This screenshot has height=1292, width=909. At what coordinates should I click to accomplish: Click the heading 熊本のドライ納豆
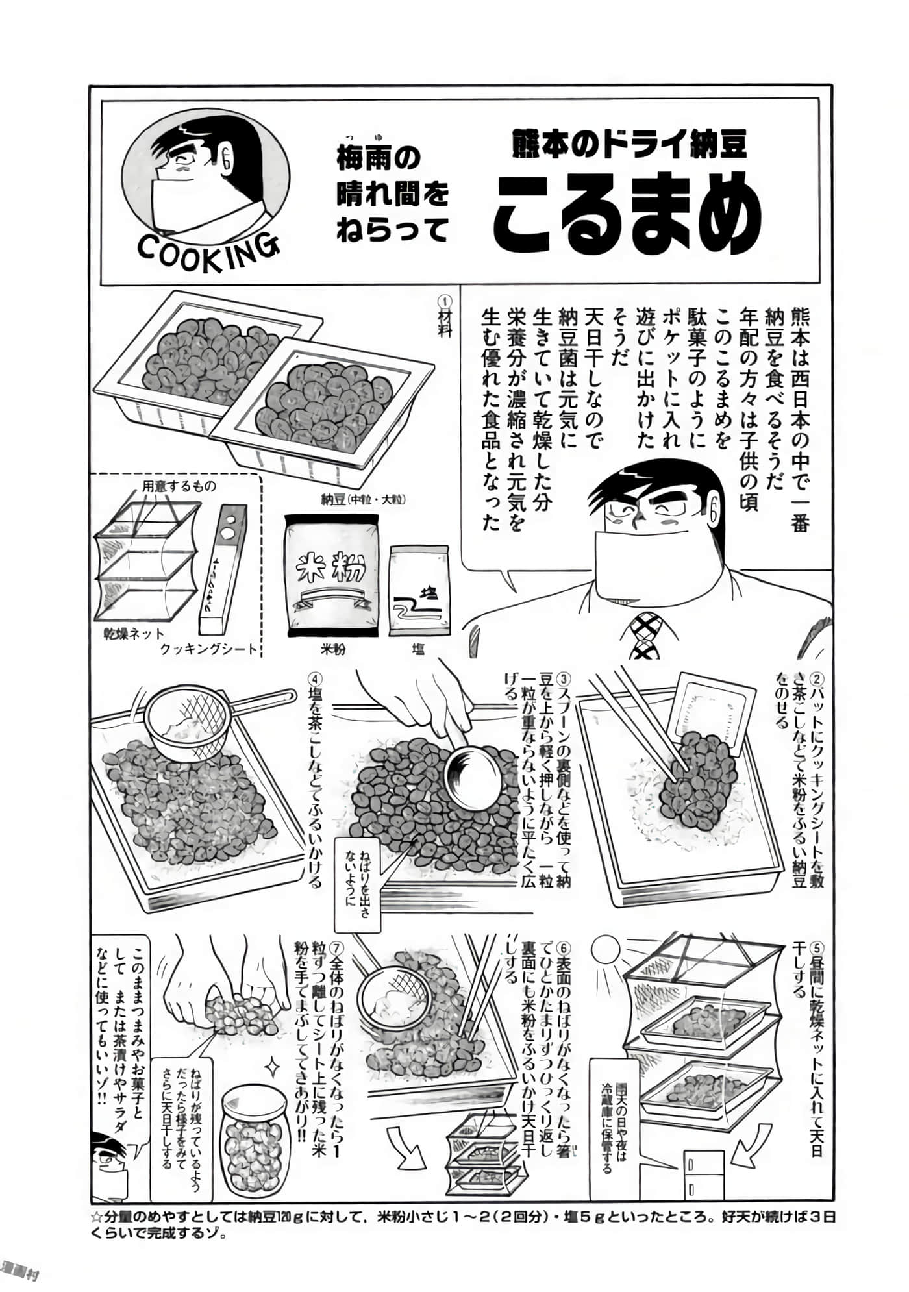(629, 144)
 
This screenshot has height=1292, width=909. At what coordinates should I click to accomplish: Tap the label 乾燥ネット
(134, 633)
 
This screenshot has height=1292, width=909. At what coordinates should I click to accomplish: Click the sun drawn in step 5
(609, 953)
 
